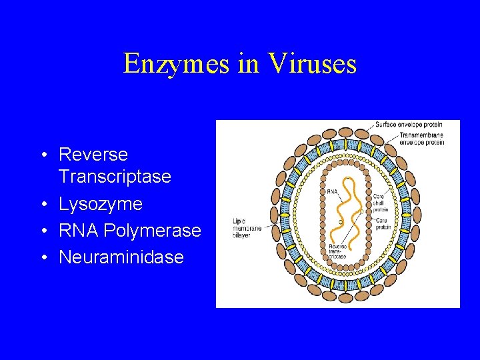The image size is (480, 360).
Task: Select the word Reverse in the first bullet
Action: [93, 155]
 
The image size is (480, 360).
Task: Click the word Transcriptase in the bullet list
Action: [115, 177]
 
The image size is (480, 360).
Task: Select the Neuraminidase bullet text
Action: [121, 257]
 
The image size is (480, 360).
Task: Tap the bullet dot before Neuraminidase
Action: [43, 258]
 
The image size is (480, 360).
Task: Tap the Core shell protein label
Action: [380, 201]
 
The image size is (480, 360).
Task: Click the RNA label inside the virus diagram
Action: [331, 192]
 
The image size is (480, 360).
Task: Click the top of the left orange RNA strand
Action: [347, 178]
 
